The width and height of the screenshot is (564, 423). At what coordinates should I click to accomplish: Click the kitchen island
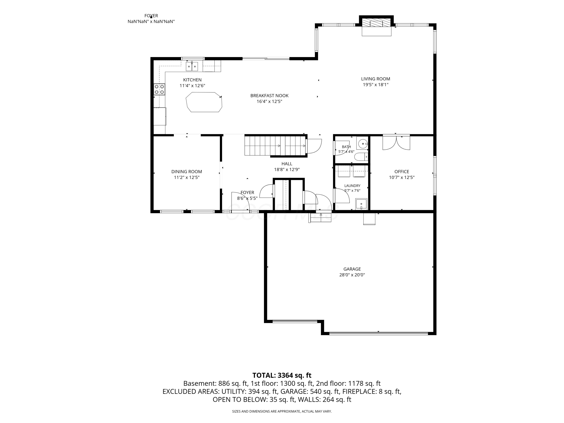(204, 102)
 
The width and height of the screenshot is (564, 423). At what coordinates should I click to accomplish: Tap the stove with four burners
(159, 89)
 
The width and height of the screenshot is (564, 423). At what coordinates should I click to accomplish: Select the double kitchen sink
(192, 67)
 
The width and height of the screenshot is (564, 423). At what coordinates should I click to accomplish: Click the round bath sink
(362, 144)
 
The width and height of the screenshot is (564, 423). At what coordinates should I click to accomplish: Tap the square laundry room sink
(361, 204)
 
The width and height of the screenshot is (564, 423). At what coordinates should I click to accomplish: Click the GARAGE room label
(352, 269)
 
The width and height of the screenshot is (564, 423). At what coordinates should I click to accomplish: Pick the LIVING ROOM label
(376, 79)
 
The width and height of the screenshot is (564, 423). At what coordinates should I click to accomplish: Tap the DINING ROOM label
(187, 172)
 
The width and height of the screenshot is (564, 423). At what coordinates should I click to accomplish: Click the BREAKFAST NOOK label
(270, 96)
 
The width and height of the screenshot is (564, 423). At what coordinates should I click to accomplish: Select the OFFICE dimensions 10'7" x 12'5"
(402, 178)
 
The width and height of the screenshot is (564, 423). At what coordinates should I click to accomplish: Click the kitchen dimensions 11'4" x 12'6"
(193, 86)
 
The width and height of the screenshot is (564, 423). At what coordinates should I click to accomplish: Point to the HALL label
(287, 164)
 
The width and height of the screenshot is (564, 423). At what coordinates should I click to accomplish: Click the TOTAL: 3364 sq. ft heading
(282, 375)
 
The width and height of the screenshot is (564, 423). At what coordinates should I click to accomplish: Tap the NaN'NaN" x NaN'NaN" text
(151, 22)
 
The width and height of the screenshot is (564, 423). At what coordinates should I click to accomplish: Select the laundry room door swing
(341, 196)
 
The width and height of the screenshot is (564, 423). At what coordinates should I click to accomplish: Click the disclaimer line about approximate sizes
(282, 411)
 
